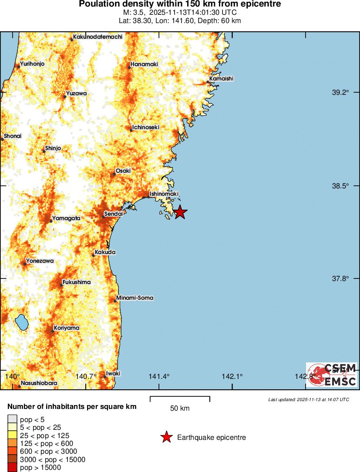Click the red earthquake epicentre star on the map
point(180,212)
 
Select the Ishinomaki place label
point(164,194)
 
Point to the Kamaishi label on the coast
point(221,79)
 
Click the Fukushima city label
point(77,282)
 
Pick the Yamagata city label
point(66,218)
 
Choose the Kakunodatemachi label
point(98,37)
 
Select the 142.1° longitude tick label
point(232,376)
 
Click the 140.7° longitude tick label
point(86,376)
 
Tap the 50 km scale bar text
point(180,408)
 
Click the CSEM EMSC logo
point(332,375)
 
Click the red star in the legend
point(166,437)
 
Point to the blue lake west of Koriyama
point(21,323)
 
